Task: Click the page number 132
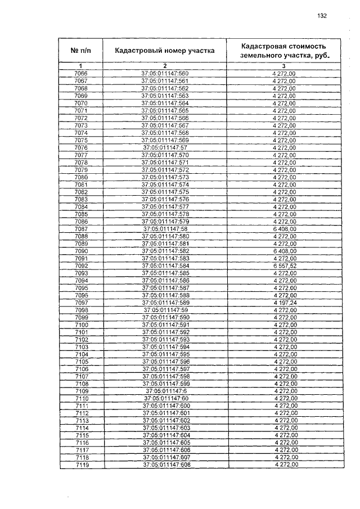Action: (x=322, y=16)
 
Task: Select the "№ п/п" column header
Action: (x=80, y=50)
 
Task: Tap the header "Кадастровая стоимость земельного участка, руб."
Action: (x=283, y=50)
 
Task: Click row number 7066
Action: (x=80, y=74)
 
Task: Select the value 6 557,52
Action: (x=283, y=265)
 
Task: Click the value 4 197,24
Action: (x=283, y=302)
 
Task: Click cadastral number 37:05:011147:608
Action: (x=166, y=465)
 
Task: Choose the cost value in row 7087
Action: (x=283, y=228)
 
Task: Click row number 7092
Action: (x=80, y=265)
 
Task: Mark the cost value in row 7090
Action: (x=283, y=250)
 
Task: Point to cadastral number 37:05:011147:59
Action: (x=165, y=309)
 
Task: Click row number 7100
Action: (x=81, y=325)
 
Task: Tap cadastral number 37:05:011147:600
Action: (x=166, y=406)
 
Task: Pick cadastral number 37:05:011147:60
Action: (x=165, y=398)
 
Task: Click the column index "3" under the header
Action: (x=283, y=66)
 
